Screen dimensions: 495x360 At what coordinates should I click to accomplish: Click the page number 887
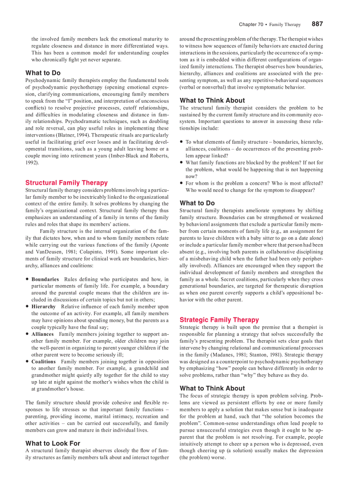coord(317,24)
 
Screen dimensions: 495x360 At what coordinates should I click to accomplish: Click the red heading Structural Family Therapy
coord(66,182)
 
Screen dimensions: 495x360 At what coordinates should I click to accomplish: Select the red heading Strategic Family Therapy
coord(219,320)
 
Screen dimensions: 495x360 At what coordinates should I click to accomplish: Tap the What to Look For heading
coord(52,443)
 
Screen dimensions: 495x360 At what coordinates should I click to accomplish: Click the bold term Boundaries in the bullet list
coord(45,279)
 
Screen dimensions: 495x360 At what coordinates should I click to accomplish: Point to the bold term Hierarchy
coord(43,307)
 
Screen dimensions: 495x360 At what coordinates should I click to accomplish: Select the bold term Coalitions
coord(44,361)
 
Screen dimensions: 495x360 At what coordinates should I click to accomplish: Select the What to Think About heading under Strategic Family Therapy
coord(212,388)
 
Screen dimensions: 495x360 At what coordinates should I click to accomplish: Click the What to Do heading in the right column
coord(197,203)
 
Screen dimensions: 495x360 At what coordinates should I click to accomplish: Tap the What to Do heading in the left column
coord(43,73)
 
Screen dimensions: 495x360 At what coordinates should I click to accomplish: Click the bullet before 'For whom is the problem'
coord(181,183)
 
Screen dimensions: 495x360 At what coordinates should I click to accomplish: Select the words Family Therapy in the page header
coord(285,25)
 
